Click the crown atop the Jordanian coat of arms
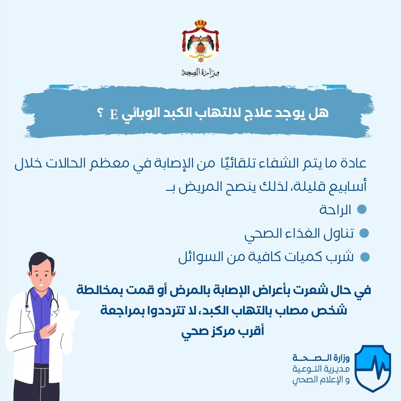pyautogui.click(x=200, y=23)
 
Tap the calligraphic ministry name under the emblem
pyautogui.click(x=200, y=73)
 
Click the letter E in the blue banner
pyautogui.click(x=114, y=114)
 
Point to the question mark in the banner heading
pyautogui.click(x=100, y=113)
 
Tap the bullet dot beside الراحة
pyautogui.click(x=361, y=209)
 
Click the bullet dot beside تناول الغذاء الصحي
pyautogui.click(x=364, y=233)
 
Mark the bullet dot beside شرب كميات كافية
pyautogui.click(x=365, y=257)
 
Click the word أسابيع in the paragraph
pyautogui.click(x=351, y=186)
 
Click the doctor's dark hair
pyautogui.click(x=41, y=261)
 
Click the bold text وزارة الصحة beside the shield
pyautogui.click(x=321, y=358)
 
